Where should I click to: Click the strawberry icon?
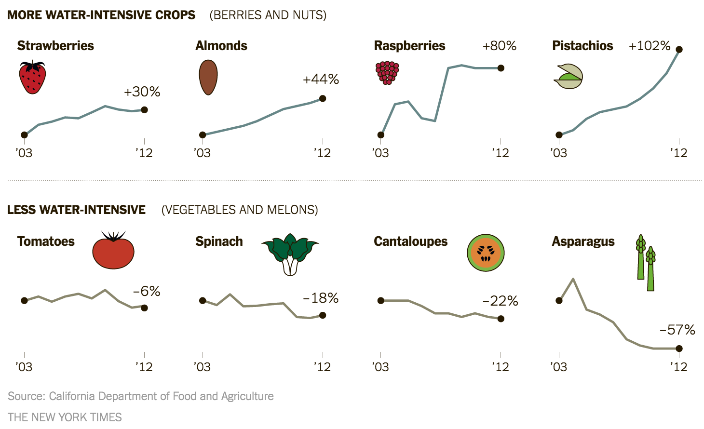32,78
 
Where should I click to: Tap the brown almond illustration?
208,77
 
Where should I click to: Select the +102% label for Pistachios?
650,46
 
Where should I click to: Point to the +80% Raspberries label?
499,46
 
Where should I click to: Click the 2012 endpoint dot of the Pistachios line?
679,49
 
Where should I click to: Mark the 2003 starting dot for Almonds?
203,135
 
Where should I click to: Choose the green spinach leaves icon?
290,253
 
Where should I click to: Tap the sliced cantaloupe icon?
486,253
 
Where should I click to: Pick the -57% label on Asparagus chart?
677,330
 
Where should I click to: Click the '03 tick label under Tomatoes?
24,367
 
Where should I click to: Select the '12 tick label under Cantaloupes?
501,367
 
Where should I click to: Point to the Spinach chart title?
219,241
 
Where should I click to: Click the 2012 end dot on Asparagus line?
679,349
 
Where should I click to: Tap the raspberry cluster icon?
387,72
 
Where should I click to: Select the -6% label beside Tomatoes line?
147,291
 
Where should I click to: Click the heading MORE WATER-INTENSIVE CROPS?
101,15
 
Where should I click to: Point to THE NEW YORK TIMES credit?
65,417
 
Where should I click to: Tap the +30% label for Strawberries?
142,92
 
